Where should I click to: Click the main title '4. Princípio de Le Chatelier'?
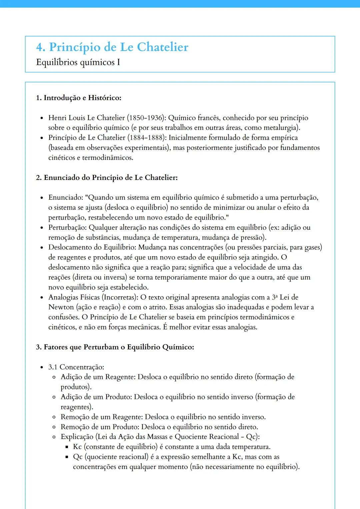click(x=112, y=47)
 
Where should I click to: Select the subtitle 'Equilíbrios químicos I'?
click(x=78, y=62)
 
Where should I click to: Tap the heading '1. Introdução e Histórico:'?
click(x=79, y=98)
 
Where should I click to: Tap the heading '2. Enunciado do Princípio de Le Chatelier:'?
click(x=107, y=178)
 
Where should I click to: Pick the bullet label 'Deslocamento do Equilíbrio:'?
click(x=92, y=248)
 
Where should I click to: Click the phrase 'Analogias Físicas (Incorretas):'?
click(x=93, y=297)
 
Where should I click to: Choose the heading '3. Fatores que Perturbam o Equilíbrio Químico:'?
click(x=115, y=347)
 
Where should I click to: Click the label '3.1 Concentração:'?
click(x=76, y=367)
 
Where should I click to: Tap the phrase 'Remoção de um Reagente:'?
click(x=102, y=417)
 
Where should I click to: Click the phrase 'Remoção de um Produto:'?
click(x=100, y=427)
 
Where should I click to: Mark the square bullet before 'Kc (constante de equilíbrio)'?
click(x=67, y=447)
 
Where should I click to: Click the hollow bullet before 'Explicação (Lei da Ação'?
click(x=54, y=437)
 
